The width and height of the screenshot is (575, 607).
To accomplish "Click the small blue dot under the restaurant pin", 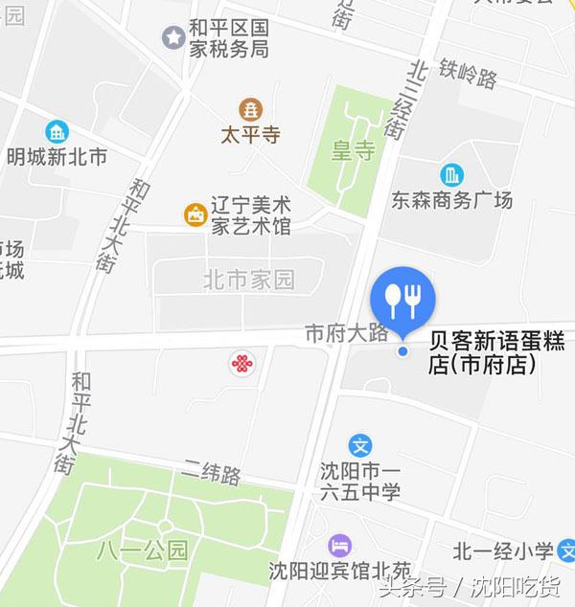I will coord(403,351).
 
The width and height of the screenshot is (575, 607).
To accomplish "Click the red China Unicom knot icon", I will coord(242,363).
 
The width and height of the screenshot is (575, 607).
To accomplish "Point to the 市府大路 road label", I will coord(346,333).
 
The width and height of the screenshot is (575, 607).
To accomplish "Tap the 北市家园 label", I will coord(248,281).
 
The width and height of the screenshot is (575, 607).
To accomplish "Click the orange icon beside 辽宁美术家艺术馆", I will coord(195,214).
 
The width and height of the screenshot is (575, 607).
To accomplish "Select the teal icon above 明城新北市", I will coord(57,131).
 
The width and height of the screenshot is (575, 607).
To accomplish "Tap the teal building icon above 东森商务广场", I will coord(451,175).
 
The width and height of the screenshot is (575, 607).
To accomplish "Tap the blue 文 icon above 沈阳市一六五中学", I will coord(360,445).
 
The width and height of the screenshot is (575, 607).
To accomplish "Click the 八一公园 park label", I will coord(143,551).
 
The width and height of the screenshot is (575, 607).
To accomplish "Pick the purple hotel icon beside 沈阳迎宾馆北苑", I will coord(339,546).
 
